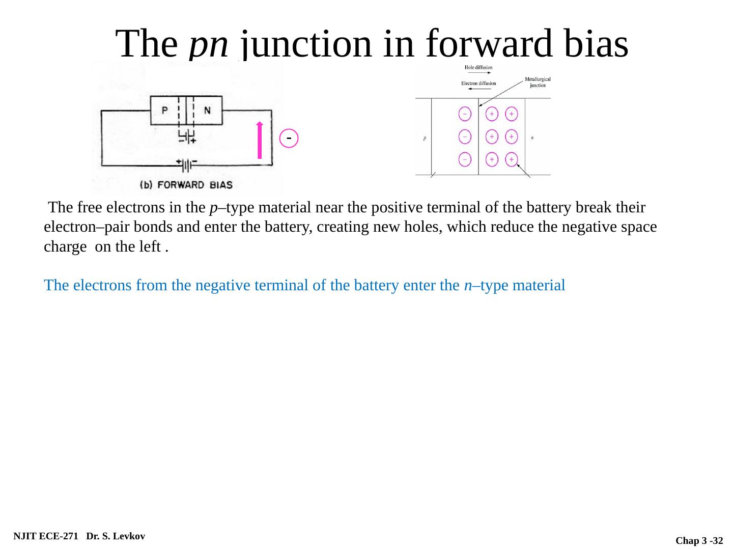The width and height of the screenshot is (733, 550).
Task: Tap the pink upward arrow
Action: coord(260,141)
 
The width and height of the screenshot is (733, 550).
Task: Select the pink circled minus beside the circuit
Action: coord(289,138)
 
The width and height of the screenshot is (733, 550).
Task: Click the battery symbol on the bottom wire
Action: coord(187,166)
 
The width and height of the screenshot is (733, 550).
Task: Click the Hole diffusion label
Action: coord(478,67)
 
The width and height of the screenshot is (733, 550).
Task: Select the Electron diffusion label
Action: coord(478,83)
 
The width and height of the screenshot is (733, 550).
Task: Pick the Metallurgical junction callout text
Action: coord(538,82)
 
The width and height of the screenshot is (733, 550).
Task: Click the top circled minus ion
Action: coord(465,114)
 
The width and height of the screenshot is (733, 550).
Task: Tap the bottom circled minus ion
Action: coord(465,159)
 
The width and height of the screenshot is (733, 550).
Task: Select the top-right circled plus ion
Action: coord(511,114)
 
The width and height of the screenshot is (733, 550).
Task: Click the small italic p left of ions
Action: coord(425,137)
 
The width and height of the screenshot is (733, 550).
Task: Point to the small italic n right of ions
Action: coord(532,137)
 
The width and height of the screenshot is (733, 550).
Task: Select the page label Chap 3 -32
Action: coord(699,540)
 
